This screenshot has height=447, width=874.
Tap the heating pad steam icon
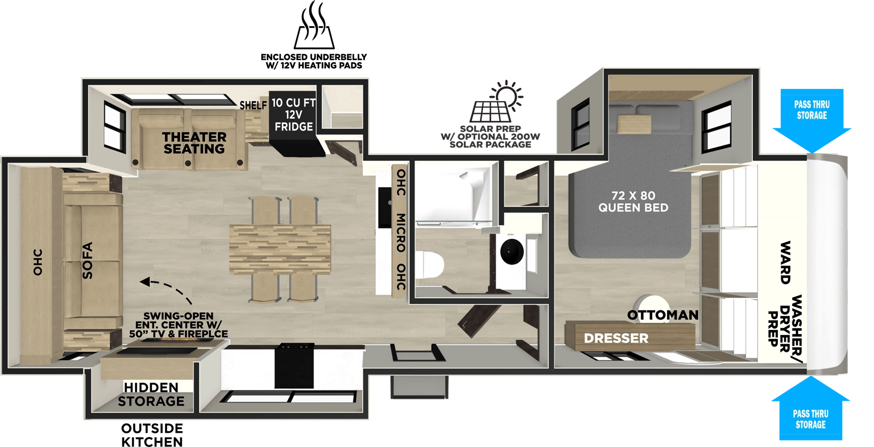314,25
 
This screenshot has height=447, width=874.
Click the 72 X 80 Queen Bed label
633,202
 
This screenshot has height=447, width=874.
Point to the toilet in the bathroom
429,264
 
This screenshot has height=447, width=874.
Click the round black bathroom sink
512,251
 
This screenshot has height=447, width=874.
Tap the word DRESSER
616,338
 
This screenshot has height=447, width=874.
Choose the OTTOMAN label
663,315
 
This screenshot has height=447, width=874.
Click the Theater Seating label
194,143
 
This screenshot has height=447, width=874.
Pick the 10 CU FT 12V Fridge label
293,115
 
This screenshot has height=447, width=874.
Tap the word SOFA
87,261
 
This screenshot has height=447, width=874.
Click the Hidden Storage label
151,395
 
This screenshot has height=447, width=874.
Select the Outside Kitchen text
152,435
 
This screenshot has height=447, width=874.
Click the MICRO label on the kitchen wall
401,233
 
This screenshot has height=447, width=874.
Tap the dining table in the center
280,250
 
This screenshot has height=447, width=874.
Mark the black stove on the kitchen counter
294,366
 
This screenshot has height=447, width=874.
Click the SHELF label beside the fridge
253,105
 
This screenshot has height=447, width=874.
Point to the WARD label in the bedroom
785,262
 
